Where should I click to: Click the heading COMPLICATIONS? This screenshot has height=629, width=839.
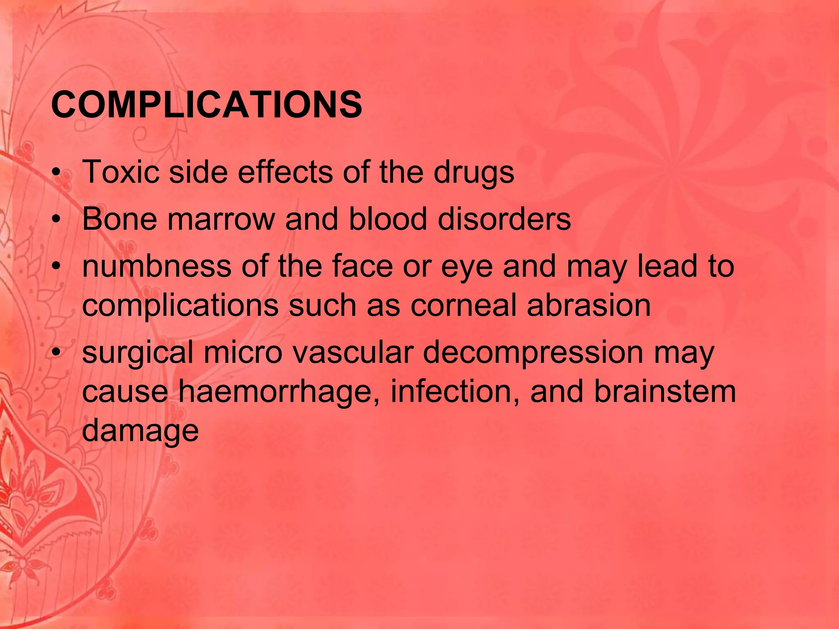point(206,105)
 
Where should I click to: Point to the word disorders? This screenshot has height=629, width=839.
point(504,219)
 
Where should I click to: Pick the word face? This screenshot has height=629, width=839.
point(362,266)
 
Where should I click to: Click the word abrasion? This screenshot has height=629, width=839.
point(589,305)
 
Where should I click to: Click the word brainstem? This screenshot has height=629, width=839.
point(665,391)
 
